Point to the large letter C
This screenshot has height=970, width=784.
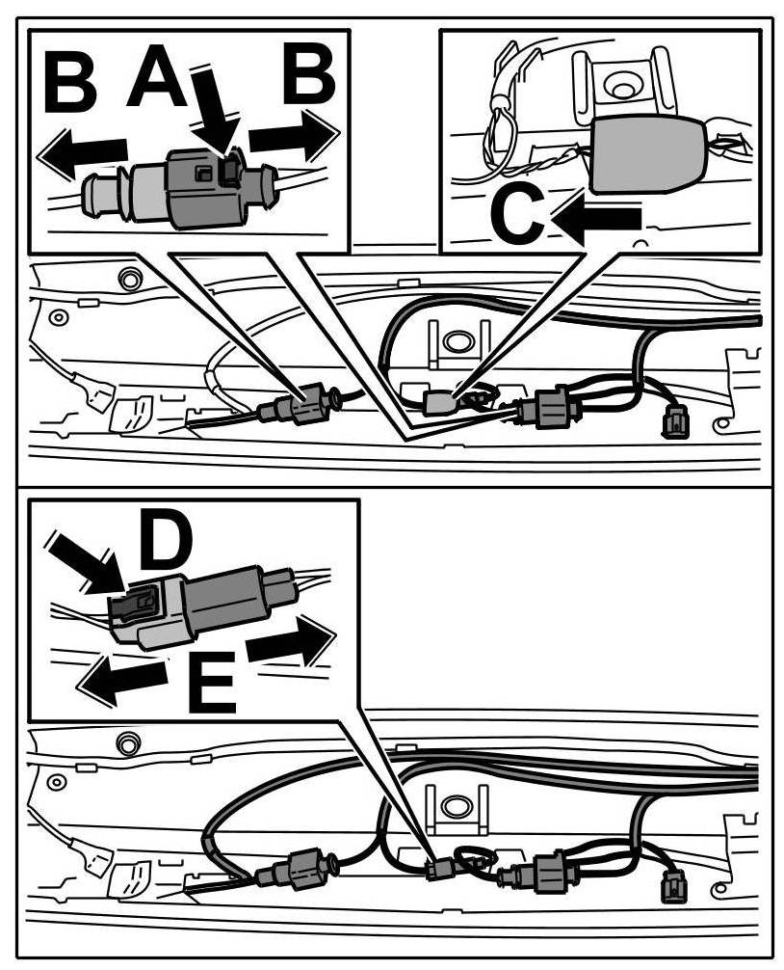click(x=517, y=214)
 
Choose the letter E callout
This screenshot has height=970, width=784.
click(x=211, y=683)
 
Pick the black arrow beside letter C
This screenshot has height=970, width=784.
click(x=597, y=220)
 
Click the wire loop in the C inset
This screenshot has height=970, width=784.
click(x=501, y=125)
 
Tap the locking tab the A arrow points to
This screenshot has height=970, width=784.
click(x=229, y=171)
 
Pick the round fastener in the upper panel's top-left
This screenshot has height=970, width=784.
click(x=125, y=279)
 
